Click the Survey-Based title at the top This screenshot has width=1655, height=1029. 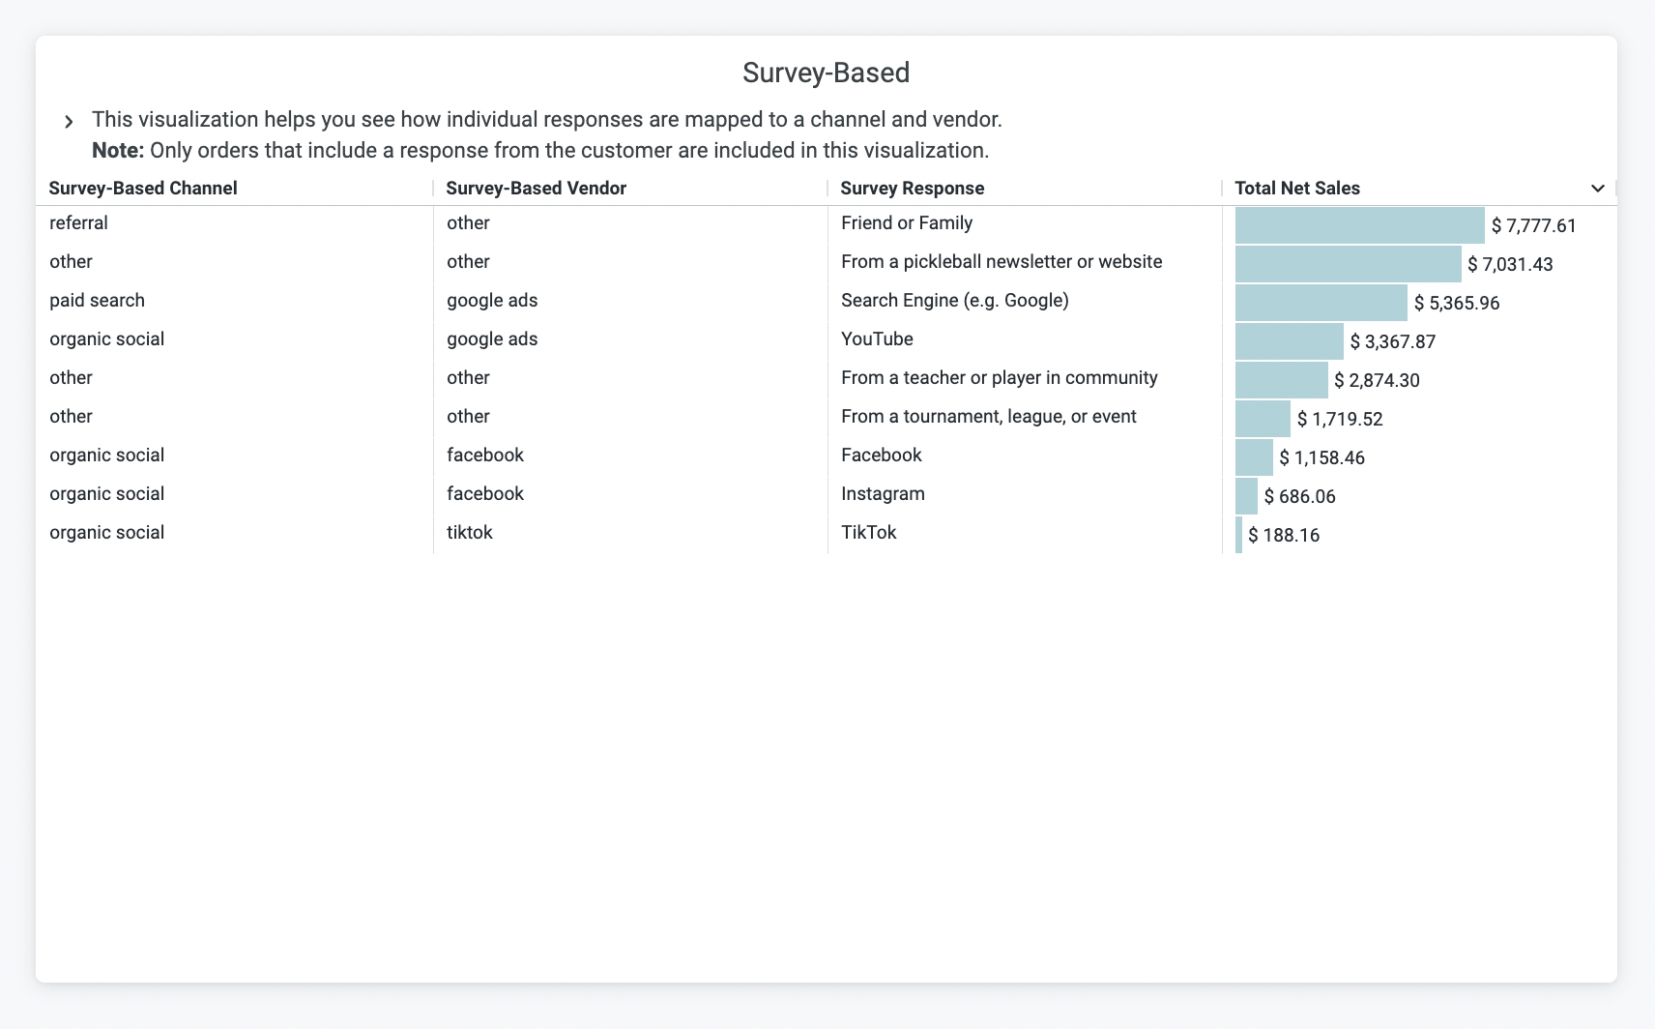(x=826, y=73)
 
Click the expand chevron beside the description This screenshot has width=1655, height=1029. (x=69, y=122)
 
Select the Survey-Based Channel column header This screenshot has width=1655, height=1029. (x=143, y=189)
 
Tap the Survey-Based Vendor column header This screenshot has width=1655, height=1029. (x=536, y=189)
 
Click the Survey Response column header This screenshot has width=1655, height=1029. (x=912, y=189)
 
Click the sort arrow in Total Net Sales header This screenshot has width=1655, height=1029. (x=1597, y=189)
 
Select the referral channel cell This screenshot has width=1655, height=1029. (x=78, y=223)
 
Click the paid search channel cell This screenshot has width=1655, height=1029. (x=97, y=301)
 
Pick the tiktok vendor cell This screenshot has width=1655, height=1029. (x=469, y=533)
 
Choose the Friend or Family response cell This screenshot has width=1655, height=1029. (x=906, y=223)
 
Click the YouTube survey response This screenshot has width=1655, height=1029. (x=877, y=339)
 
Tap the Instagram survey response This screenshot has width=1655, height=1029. (x=883, y=494)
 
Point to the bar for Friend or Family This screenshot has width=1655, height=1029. (x=1359, y=225)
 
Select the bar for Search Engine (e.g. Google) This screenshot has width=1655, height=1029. (x=1321, y=303)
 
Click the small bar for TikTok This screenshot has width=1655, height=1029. (x=1238, y=535)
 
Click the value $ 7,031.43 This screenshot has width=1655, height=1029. (x=1510, y=264)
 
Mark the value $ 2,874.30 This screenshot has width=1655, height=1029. (x=1377, y=380)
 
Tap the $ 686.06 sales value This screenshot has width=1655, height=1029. (x=1299, y=496)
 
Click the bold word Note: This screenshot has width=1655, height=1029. (x=117, y=151)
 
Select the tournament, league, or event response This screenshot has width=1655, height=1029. (x=988, y=417)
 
